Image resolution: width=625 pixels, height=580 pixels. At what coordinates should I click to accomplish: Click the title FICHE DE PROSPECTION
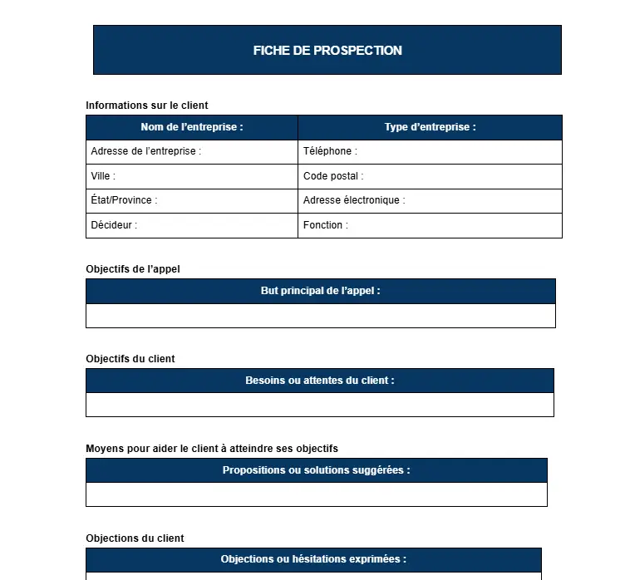point(327,51)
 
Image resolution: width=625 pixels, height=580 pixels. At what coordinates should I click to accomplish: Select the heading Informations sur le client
point(147,106)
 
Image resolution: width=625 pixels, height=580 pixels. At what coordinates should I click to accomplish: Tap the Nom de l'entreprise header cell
point(192,127)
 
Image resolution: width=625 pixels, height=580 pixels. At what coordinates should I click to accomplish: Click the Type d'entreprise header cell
point(430,127)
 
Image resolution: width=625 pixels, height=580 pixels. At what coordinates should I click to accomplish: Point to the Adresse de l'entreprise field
point(146,151)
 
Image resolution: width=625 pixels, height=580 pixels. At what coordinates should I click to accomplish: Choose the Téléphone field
point(330,151)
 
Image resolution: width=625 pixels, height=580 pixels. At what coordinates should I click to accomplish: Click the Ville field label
point(103,176)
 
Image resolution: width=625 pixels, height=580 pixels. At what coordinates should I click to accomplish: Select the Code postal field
point(333,176)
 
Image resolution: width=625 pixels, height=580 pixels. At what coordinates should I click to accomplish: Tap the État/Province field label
point(124,200)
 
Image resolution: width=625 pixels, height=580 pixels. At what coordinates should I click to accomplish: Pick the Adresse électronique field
point(354,200)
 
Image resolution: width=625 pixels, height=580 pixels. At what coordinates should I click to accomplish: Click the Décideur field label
point(114,225)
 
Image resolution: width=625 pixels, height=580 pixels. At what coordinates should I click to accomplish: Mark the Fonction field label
point(326,225)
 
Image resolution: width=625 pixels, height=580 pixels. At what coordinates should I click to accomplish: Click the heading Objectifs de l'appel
point(133,269)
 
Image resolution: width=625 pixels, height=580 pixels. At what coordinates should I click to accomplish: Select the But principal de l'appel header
point(320,291)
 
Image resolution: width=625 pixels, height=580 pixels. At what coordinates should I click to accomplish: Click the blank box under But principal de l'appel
point(320,316)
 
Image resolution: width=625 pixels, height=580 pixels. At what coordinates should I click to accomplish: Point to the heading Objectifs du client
point(130,359)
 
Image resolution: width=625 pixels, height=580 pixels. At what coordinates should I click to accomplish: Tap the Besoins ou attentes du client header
point(320,381)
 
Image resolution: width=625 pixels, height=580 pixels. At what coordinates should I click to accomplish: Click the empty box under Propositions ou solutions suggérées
point(317,494)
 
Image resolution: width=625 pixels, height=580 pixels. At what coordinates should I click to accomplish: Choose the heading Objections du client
point(135,538)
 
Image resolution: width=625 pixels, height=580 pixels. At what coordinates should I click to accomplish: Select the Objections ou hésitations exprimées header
point(313,559)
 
